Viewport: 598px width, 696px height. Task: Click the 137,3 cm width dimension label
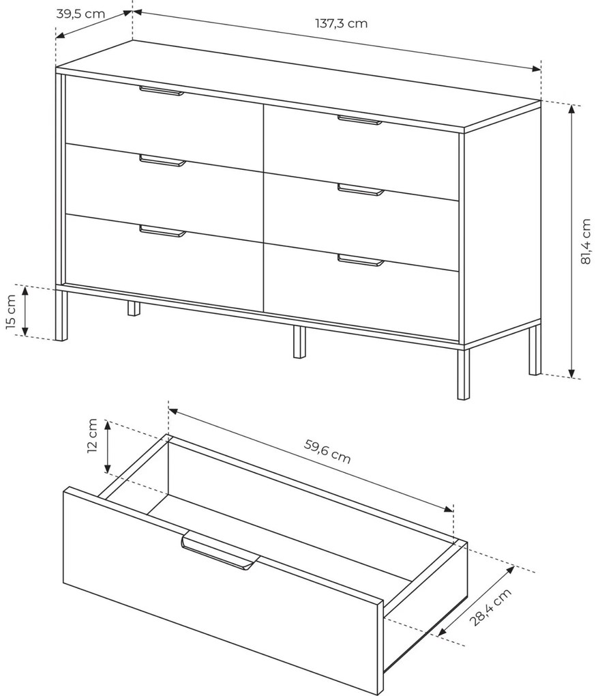[x=341, y=23]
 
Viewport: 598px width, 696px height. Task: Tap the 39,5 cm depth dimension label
[x=80, y=14]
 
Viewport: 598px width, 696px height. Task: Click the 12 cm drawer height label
[x=92, y=435]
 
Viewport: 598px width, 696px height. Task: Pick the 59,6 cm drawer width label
[x=327, y=450]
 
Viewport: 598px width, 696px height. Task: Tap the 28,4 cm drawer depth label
[x=491, y=607]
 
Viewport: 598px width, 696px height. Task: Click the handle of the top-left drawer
[x=162, y=91]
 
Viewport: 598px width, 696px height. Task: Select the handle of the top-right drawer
[x=359, y=120]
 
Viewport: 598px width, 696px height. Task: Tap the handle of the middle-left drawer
[x=162, y=160]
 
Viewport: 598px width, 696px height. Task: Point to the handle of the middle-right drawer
[x=361, y=190]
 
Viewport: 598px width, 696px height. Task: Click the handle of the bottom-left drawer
[x=162, y=231]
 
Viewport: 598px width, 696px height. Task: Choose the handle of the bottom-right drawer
[x=361, y=260]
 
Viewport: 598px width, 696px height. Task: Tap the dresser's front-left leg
[x=61, y=315]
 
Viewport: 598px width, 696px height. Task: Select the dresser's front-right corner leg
[x=463, y=373]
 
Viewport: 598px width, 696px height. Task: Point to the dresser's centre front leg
[x=299, y=341]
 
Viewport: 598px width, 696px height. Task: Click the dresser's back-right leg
[x=535, y=350]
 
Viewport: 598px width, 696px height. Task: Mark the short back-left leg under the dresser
[x=134, y=308]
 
